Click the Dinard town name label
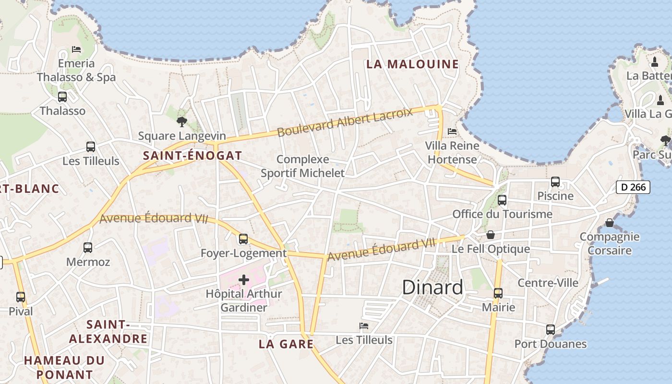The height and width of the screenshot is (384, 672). click(x=432, y=288)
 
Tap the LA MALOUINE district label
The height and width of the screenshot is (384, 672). click(x=412, y=64)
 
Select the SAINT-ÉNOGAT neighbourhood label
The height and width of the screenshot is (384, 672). click(x=192, y=156)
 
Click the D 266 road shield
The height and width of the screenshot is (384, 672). click(x=633, y=187)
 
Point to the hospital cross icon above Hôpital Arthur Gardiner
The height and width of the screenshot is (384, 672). click(x=244, y=280)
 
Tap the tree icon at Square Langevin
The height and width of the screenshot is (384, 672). click(x=181, y=122)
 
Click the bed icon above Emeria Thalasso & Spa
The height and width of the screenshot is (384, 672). click(x=76, y=49)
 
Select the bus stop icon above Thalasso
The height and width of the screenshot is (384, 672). click(x=62, y=97)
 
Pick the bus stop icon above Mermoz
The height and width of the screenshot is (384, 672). click(x=88, y=248)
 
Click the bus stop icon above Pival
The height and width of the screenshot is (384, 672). click(x=21, y=297)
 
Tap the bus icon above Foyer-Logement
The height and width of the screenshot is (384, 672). click(x=243, y=239)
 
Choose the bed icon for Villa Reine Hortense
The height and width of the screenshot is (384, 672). click(x=452, y=131)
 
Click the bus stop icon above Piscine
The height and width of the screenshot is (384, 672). click(x=555, y=182)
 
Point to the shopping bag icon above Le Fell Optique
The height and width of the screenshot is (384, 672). click(x=491, y=235)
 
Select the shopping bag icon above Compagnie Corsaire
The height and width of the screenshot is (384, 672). click(x=610, y=223)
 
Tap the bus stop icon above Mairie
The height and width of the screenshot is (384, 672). click(x=498, y=293)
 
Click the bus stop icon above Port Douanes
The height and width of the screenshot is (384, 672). click(x=551, y=330)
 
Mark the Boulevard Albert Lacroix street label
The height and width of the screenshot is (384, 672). click(x=345, y=122)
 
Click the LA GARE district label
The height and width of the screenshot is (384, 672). click(x=286, y=344)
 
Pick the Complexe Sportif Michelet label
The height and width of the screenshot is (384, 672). click(x=303, y=166)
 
